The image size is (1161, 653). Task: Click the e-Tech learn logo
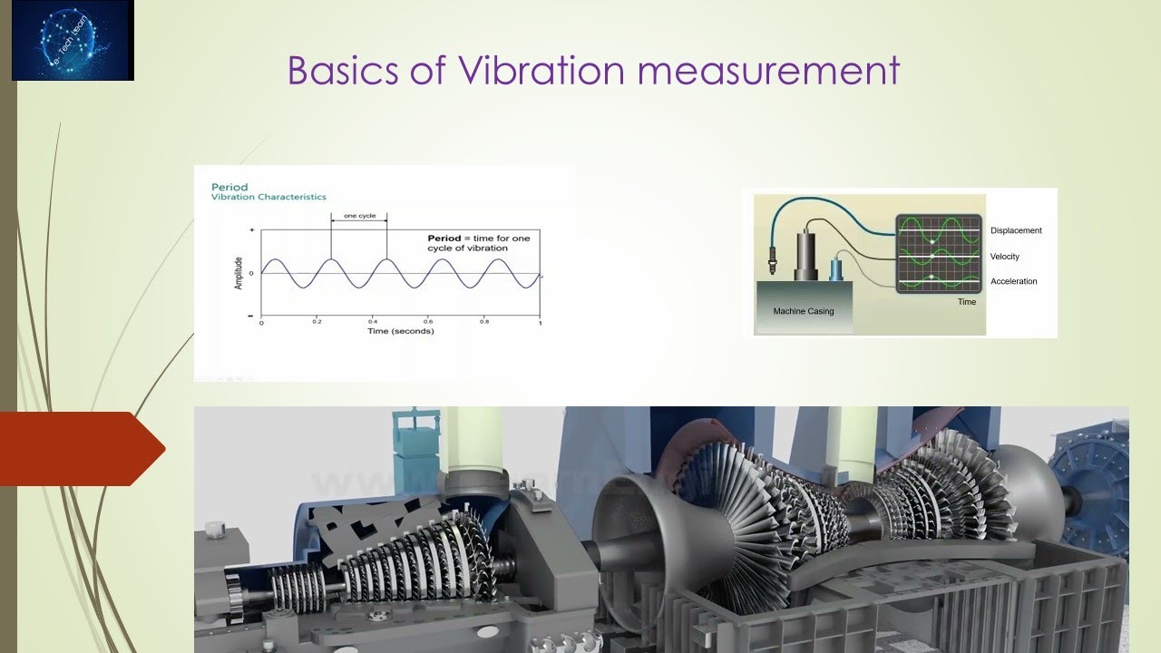point(73,41)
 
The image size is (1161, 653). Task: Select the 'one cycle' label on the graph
point(359,217)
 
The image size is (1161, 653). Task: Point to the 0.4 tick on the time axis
point(372,322)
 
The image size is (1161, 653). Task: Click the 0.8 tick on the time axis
point(483,322)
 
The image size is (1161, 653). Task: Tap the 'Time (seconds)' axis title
point(400,332)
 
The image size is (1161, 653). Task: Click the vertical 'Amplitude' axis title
point(239,272)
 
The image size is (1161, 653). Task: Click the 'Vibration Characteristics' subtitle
point(268,197)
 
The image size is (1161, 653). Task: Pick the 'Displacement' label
point(1016,230)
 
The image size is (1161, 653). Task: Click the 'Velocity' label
point(1005,257)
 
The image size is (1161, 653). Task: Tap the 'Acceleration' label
point(1013,281)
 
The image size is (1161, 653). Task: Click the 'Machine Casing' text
point(803,311)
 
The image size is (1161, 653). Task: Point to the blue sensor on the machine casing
point(835,268)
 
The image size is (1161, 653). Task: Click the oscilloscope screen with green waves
point(939,254)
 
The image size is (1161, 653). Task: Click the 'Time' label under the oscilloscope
point(967,302)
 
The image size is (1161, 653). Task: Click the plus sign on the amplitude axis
point(250,232)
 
